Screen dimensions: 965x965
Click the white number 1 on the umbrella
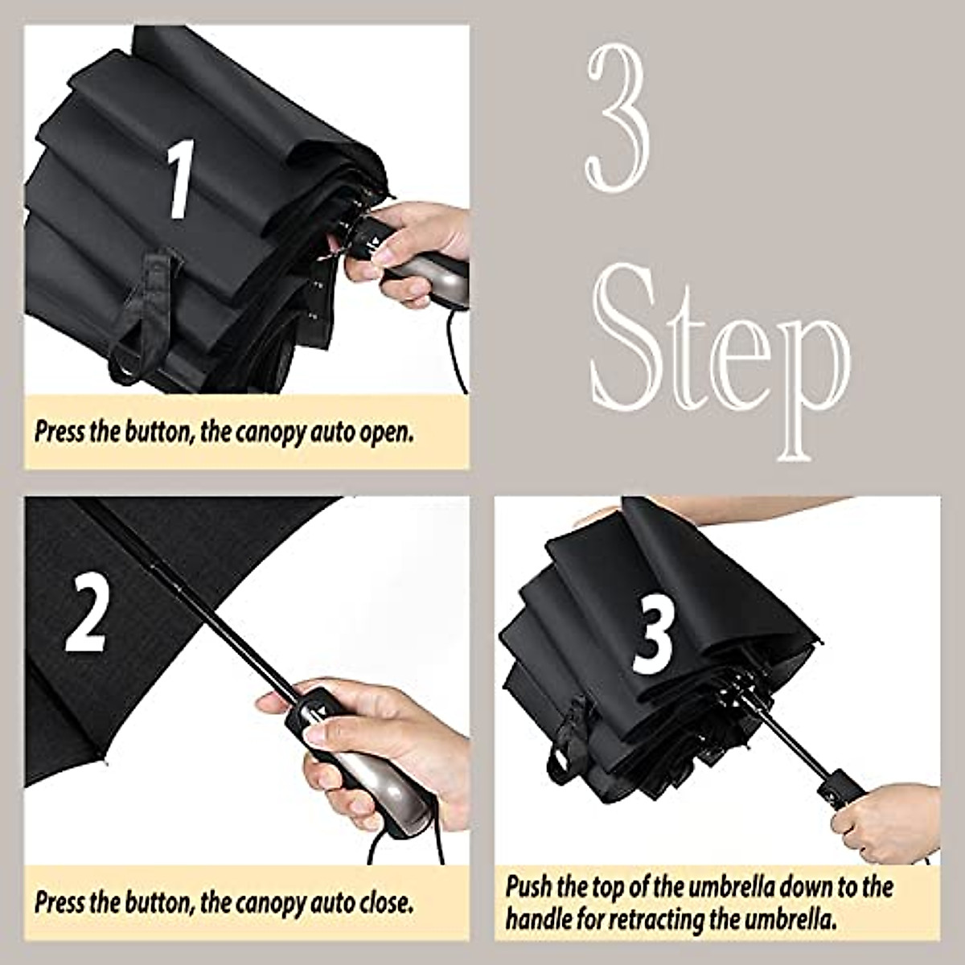tap(181, 179)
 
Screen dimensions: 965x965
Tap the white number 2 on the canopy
tap(85, 613)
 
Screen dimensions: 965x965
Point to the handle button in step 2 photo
tap(319, 710)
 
